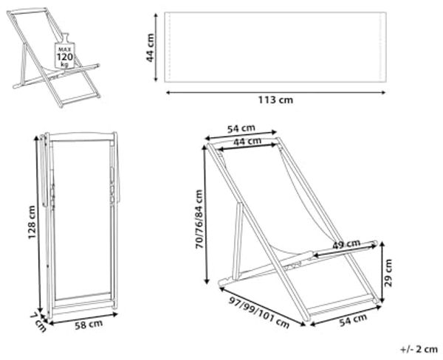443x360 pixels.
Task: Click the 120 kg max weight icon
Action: [65, 52]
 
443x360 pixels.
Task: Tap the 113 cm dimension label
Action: [275, 100]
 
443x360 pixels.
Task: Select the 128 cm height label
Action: [32, 223]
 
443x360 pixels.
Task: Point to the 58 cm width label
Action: [89, 325]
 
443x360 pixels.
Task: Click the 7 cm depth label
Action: [38, 322]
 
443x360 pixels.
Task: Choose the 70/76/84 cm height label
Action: [199, 219]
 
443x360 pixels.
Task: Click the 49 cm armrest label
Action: [346, 244]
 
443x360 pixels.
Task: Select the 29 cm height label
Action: [389, 273]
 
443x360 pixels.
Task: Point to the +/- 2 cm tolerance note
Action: [419, 349]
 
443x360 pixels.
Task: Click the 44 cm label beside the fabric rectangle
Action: [151, 47]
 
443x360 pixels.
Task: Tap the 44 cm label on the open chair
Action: [247, 142]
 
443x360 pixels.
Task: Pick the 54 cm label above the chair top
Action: [241, 129]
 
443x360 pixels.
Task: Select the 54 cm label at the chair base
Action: [353, 320]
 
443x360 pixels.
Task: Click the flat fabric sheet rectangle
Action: [275, 47]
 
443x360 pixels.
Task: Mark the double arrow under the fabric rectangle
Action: [275, 92]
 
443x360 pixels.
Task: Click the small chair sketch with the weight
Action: [54, 58]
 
